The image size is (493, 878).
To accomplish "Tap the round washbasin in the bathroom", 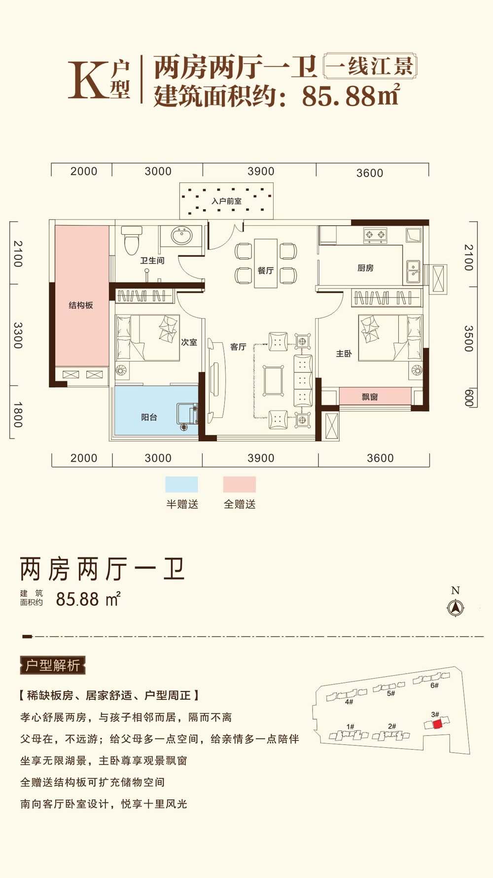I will [x=181, y=235].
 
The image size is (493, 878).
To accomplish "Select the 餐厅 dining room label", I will [x=266, y=270].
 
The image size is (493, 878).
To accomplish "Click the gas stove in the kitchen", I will [x=375, y=235].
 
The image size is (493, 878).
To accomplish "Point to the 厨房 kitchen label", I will [x=365, y=268].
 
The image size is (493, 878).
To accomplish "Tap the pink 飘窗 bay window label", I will [x=370, y=397].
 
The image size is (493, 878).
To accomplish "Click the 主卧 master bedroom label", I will [x=344, y=354].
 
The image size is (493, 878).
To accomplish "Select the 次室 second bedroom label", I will [x=189, y=342].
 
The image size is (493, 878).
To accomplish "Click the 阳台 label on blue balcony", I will [x=149, y=417].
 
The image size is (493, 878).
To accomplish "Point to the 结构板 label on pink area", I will [x=81, y=305].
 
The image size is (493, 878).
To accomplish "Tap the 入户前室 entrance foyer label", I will [x=227, y=201].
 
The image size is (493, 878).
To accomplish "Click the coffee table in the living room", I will [x=273, y=380].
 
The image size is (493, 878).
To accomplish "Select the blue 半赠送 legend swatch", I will [x=181, y=484].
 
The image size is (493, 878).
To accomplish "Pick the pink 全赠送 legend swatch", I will [x=240, y=484].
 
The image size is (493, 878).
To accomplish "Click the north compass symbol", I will [x=455, y=608].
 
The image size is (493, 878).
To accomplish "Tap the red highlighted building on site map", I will [x=437, y=724].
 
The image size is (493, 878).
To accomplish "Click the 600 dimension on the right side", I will [x=469, y=398].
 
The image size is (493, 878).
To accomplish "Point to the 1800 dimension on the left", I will [x=18, y=414].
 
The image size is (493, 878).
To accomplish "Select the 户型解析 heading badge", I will [x=53, y=665].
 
